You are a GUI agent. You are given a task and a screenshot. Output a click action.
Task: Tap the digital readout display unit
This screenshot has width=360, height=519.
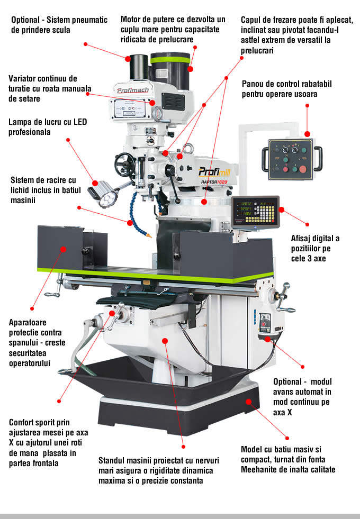pyautogui.click(x=255, y=211)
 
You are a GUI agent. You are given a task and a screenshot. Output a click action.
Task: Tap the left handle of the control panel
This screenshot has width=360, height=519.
pyautogui.click(x=266, y=156)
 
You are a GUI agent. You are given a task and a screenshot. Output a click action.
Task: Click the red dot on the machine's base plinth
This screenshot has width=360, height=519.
pyautogui.click(x=248, y=402)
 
